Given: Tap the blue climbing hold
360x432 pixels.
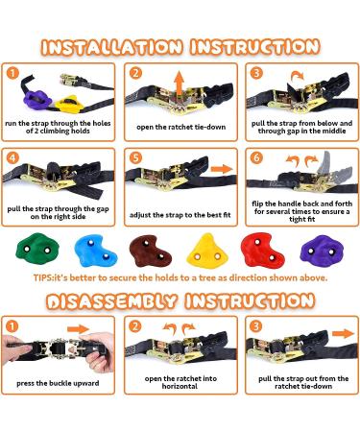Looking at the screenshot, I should coord(92,252).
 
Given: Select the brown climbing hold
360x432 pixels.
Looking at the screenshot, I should coord(151,251).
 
